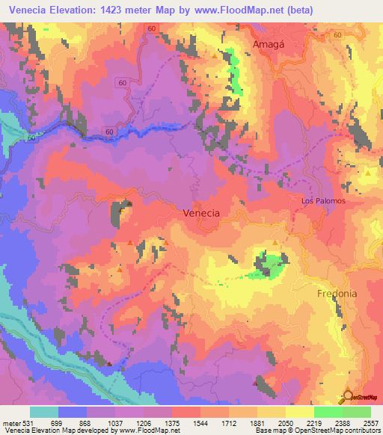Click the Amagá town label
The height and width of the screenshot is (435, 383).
[269, 44]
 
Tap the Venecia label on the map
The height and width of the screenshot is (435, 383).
[201, 213]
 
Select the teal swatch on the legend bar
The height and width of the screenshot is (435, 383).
[43, 412]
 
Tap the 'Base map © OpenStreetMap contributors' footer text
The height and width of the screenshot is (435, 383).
[317, 430]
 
